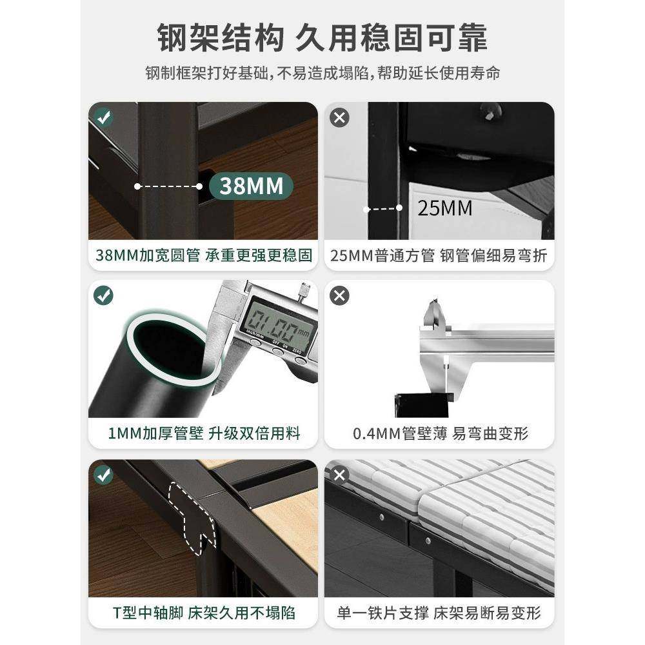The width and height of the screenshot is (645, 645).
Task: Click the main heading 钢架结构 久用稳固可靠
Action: [x=322, y=38]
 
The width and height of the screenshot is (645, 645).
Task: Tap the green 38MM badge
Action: [x=251, y=186]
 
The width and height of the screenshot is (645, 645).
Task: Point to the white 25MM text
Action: [x=444, y=208]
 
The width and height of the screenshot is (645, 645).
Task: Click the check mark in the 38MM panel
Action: [x=103, y=117]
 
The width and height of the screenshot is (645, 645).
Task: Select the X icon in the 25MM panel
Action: [x=339, y=117]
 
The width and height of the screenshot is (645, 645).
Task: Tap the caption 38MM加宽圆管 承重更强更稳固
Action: [x=203, y=255]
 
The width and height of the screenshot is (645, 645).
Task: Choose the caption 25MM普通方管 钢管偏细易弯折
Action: [x=439, y=255]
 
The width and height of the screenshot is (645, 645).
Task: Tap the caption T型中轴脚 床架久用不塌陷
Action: [x=203, y=612]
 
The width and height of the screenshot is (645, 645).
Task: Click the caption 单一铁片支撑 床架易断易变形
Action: [x=439, y=612]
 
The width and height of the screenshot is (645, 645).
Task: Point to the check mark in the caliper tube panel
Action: [x=103, y=295]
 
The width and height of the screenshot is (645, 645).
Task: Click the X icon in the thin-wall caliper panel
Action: [x=339, y=295]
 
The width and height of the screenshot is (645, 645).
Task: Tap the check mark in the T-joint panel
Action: [x=103, y=475]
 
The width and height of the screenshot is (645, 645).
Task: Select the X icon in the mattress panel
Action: [x=339, y=475]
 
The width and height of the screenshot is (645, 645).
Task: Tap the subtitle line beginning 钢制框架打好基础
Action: [x=322, y=73]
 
